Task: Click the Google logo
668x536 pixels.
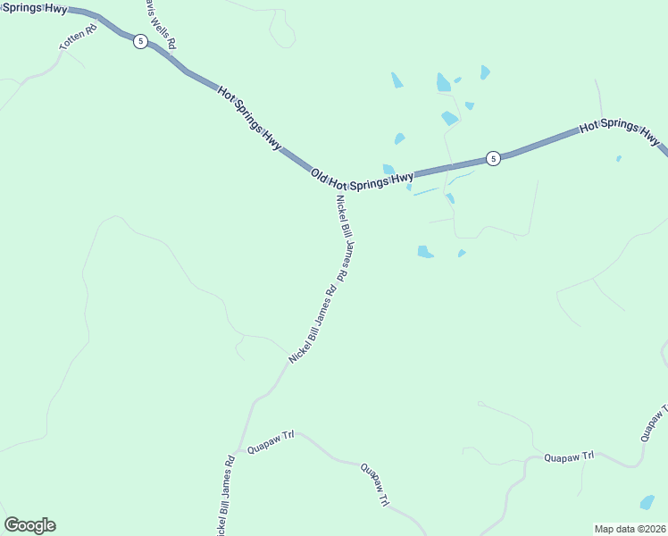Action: tap(29, 525)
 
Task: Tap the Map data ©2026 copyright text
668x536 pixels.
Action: tap(630, 529)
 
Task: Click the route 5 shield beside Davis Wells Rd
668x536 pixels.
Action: tap(140, 42)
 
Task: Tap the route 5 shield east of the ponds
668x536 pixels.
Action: tap(493, 158)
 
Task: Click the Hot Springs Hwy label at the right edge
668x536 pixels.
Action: tap(620, 131)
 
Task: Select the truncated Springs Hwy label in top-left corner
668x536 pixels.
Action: tap(33, 7)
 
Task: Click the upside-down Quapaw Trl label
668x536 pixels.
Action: tap(375, 484)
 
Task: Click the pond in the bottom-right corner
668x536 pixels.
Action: tap(647, 502)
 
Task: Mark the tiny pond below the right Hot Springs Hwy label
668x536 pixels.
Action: tap(618, 159)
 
